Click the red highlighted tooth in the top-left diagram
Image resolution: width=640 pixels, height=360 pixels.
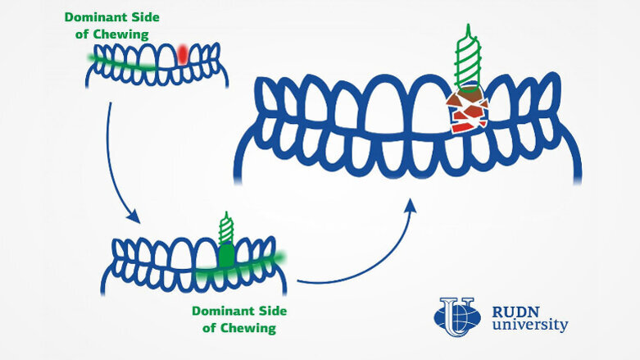[182, 54]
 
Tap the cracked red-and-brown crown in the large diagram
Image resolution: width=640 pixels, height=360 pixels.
[468, 112]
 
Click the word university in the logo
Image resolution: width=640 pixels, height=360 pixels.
[529, 326]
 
